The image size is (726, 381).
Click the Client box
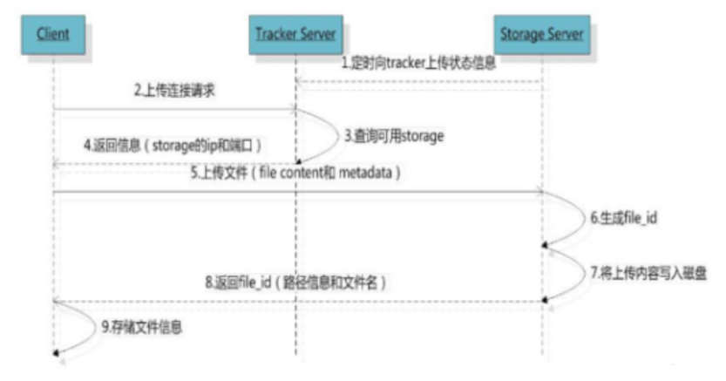pyautogui.click(x=54, y=36)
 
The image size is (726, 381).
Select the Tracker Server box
pyautogui.click(x=295, y=36)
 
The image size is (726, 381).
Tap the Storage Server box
pyautogui.click(x=541, y=36)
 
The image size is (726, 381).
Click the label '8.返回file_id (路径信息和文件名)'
pyautogui.click(x=294, y=282)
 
